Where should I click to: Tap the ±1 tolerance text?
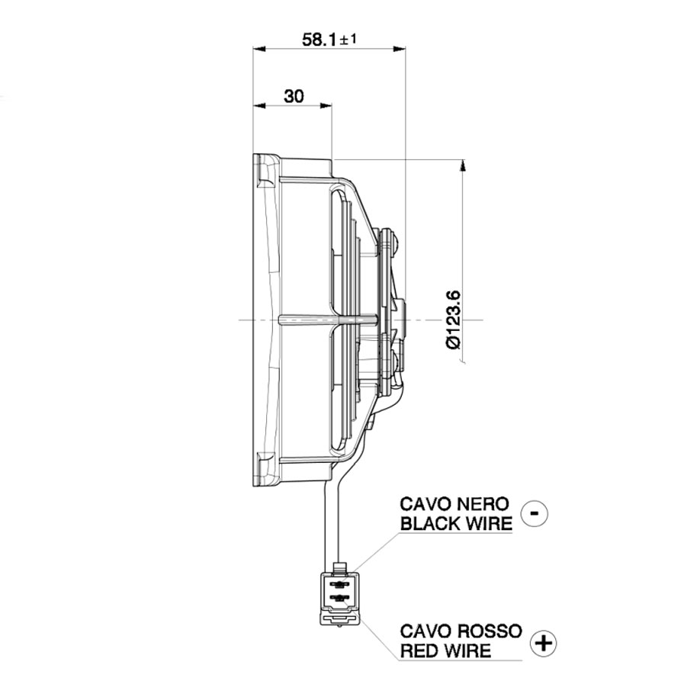point(347,39)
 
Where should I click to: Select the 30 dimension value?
point(294,96)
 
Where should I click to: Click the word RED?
point(419,650)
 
